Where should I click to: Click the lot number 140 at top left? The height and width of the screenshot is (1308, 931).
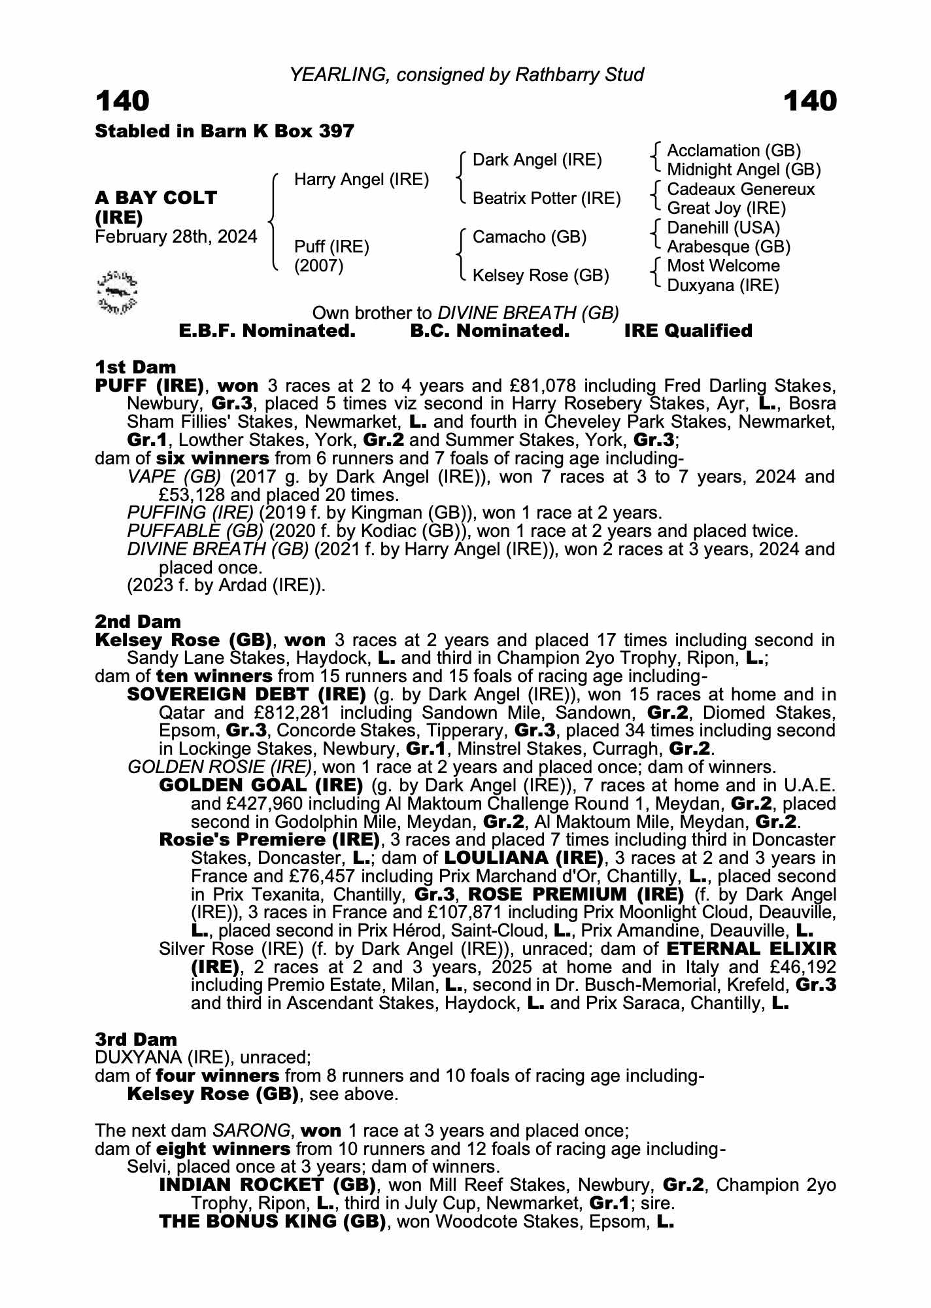click(x=122, y=101)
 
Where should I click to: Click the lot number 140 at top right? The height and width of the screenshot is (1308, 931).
click(x=809, y=101)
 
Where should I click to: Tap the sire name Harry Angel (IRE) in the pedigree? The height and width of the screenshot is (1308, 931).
click(x=362, y=179)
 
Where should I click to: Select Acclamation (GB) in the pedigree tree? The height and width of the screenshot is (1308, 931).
click(x=734, y=151)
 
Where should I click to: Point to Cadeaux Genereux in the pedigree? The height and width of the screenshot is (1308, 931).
click(x=741, y=190)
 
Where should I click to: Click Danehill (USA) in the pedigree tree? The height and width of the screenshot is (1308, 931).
click(x=723, y=228)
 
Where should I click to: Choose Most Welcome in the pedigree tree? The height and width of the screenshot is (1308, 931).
click(x=723, y=266)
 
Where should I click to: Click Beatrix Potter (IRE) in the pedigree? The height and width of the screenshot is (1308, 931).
click(x=547, y=199)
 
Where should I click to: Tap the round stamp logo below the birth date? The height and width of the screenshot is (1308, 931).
click(x=117, y=290)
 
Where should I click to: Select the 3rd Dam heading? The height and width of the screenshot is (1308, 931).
click(x=136, y=1039)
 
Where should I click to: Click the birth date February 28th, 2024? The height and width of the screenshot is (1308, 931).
click(x=176, y=237)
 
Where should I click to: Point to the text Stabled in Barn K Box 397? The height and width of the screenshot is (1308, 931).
click(x=224, y=131)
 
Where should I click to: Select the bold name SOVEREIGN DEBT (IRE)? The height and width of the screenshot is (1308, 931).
click(x=246, y=695)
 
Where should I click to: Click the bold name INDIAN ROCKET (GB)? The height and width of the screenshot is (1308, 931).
click(x=267, y=1185)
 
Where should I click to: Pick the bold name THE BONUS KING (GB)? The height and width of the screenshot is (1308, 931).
click(x=272, y=1222)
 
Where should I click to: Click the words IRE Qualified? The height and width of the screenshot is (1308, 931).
click(x=688, y=331)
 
